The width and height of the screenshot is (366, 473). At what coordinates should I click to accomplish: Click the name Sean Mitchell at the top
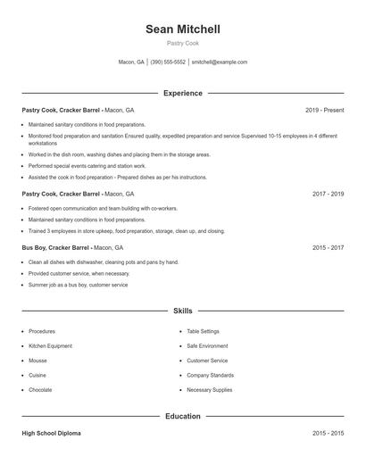(183, 29)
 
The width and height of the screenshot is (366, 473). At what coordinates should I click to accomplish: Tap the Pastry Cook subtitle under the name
(183, 43)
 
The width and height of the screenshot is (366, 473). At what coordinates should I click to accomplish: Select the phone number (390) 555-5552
(168, 62)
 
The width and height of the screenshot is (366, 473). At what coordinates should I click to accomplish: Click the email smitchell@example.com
(220, 62)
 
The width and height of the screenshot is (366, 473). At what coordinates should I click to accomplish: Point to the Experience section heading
(183, 93)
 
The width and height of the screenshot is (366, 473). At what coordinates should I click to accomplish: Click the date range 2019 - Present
(324, 110)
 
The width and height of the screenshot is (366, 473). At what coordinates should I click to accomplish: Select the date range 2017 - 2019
(328, 194)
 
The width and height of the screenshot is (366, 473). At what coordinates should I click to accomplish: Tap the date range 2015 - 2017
(328, 247)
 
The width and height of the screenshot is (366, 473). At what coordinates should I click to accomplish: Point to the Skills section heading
(183, 311)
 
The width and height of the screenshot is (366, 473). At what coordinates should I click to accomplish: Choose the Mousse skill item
(38, 361)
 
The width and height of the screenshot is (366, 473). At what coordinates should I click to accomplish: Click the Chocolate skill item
(41, 390)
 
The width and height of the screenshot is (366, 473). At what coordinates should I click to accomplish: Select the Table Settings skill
(203, 331)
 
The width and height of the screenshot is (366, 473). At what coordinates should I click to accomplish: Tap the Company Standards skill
(210, 375)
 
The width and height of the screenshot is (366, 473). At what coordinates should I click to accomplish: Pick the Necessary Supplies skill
(210, 390)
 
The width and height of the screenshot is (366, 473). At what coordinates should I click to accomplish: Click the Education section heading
(183, 416)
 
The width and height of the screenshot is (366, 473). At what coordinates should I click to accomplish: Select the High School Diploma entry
(51, 433)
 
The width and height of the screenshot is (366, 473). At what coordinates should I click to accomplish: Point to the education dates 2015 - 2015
(328, 433)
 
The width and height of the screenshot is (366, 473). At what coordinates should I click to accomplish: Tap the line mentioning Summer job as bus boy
(78, 285)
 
